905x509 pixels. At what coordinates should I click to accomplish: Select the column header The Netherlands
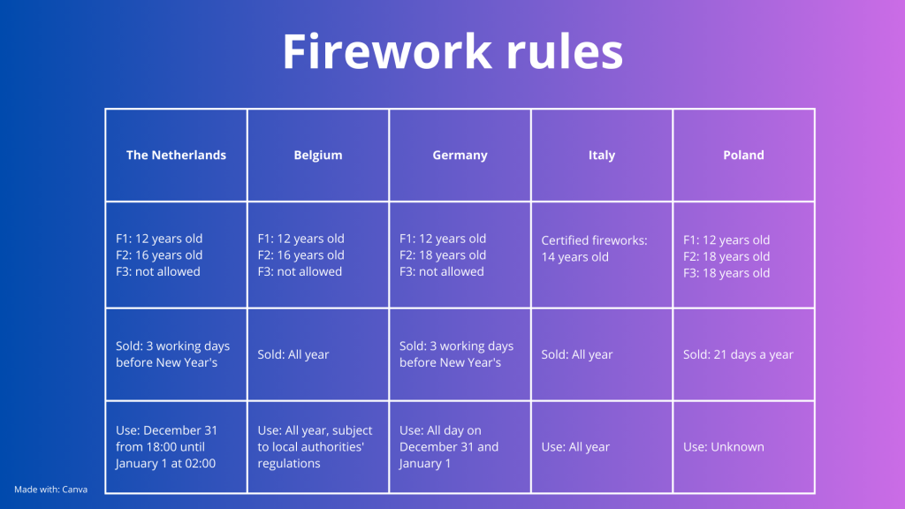coord(176,156)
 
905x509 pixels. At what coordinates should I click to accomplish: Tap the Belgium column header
coord(318,156)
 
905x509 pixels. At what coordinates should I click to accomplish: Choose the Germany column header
coord(460,156)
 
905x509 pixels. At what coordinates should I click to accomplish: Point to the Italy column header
coord(601,156)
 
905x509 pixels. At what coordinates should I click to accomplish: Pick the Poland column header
coord(743,156)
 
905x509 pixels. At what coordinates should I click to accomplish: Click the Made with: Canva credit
coord(50,490)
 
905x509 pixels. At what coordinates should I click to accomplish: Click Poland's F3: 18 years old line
coord(726,273)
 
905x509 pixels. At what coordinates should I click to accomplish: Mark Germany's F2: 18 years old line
coord(443,255)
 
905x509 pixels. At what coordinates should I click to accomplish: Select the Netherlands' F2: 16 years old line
coord(159,255)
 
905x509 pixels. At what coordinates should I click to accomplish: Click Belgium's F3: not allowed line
coord(300,271)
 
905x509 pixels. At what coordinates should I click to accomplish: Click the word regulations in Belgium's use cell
coord(289,463)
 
